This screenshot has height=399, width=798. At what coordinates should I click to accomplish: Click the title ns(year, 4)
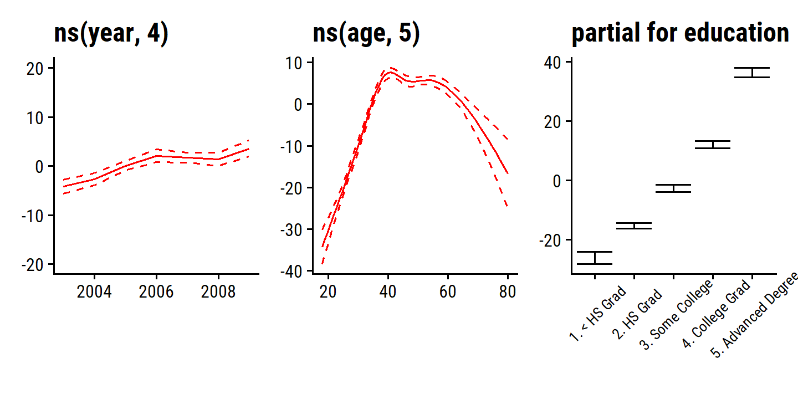(111, 34)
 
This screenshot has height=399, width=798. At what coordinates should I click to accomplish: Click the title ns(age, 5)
(366, 34)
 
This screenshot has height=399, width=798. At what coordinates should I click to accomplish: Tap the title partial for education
(680, 34)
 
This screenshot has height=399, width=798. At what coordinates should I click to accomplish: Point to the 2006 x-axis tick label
(157, 291)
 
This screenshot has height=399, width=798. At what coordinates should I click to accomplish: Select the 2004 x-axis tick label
(94, 291)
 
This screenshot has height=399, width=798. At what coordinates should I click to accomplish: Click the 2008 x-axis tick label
(219, 291)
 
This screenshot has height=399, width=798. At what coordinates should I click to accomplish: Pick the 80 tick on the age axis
(508, 291)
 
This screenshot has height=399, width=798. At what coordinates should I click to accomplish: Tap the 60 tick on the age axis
(448, 291)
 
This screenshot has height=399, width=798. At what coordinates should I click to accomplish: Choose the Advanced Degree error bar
(752, 73)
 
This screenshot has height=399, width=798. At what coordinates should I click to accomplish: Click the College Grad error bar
(713, 145)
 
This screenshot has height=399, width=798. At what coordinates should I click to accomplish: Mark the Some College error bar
(673, 188)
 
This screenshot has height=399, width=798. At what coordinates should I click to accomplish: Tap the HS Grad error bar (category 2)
(634, 226)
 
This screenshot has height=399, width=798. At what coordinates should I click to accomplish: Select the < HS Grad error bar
(595, 258)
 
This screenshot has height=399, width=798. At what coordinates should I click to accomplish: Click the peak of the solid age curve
(391, 72)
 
